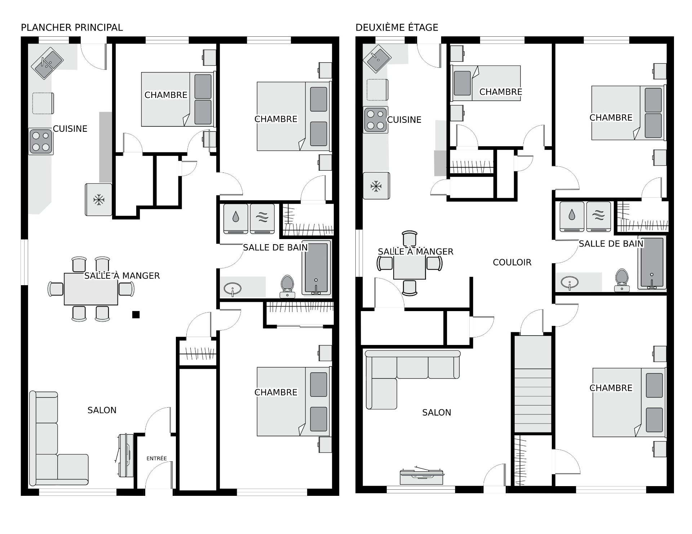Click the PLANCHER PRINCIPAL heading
pyautogui.click(x=72, y=27)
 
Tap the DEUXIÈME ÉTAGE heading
pyautogui.click(x=397, y=27)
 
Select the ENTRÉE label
pyautogui.click(x=157, y=458)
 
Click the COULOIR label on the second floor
pyautogui.click(x=512, y=262)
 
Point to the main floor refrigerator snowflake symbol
pyautogui.click(x=99, y=200)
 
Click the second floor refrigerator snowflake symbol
pyautogui.click(x=376, y=186)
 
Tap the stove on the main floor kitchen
pyautogui.click(x=41, y=142)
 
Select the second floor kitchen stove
pyautogui.click(x=376, y=120)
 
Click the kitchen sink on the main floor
pyautogui.click(x=47, y=64)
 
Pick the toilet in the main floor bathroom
pyautogui.click(x=287, y=287)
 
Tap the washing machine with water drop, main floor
pyautogui.click(x=236, y=218)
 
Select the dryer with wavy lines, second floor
pyautogui.click(x=599, y=216)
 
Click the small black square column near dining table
pyautogui.click(x=136, y=315)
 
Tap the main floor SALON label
pyautogui.click(x=102, y=410)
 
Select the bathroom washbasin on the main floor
pyautogui.click(x=233, y=288)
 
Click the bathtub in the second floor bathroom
pyautogui.click(x=652, y=263)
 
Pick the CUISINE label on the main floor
pyautogui.click(x=70, y=129)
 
